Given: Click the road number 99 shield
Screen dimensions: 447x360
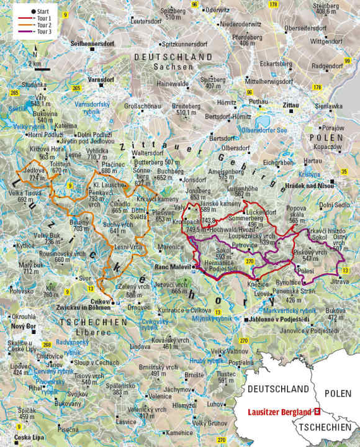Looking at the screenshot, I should click(x=348, y=61).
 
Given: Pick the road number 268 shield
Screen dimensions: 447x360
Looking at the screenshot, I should click(x=47, y=345).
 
